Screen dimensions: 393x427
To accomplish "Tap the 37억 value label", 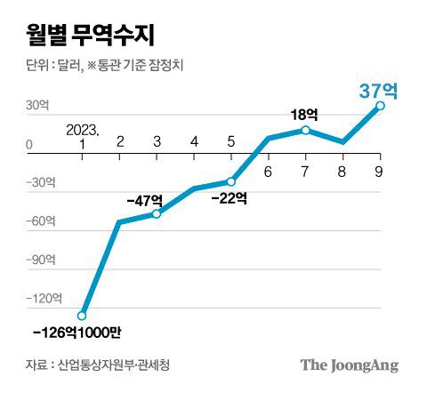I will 377,91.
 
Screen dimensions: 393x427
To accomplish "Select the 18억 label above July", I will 304,115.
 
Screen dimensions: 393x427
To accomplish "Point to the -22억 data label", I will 230,197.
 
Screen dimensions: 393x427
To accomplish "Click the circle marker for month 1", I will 83,315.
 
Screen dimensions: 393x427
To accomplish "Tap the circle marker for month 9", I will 380,106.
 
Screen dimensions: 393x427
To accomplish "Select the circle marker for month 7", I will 305,130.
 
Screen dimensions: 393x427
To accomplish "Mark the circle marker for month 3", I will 157,213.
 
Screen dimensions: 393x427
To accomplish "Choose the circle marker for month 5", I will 231,181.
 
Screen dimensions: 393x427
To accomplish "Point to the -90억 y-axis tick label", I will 41,260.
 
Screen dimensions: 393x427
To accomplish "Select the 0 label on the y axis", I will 29,144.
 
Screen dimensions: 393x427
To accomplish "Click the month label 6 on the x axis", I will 268,166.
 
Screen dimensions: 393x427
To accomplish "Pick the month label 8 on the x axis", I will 342,166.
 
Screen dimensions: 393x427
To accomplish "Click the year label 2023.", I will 83,129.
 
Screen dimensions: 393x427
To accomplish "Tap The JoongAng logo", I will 349,365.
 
